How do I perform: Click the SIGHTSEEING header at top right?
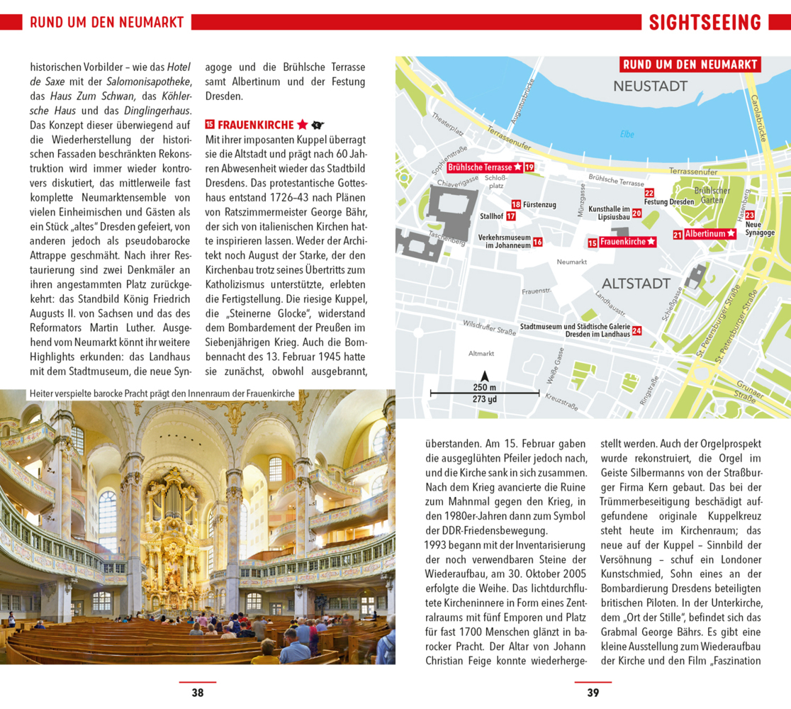tap(705, 22)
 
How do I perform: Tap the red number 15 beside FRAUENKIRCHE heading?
tap(210, 124)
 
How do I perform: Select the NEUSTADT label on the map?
tap(650, 86)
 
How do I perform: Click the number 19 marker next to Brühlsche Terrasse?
tap(529, 167)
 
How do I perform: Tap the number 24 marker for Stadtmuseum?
tap(636, 330)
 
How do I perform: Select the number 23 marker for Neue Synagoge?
tap(749, 215)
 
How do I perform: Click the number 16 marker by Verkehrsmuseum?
tap(537, 242)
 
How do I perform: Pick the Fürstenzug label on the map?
tap(539, 205)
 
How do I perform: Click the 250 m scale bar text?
tap(485, 387)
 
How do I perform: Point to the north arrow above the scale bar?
tap(485, 376)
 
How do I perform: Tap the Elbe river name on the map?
tap(627, 134)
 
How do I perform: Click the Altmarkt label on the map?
tap(481, 353)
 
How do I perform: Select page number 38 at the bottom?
tap(198, 693)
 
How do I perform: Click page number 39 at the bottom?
tap(593, 693)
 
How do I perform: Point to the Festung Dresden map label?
tap(668, 202)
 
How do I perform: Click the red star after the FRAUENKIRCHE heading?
tap(302, 125)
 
